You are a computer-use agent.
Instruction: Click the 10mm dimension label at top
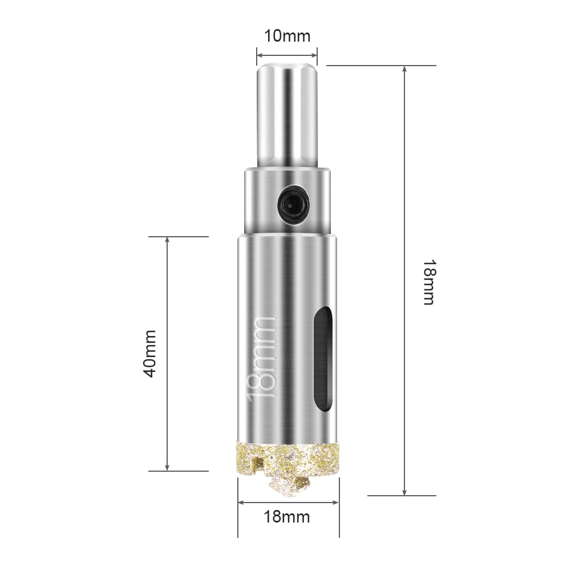[287, 37]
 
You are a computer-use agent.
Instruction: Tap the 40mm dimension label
[149, 354]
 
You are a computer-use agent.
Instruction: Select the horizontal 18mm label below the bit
[287, 517]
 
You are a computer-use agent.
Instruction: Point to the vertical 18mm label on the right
[429, 282]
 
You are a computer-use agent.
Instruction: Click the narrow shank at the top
[287, 115]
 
